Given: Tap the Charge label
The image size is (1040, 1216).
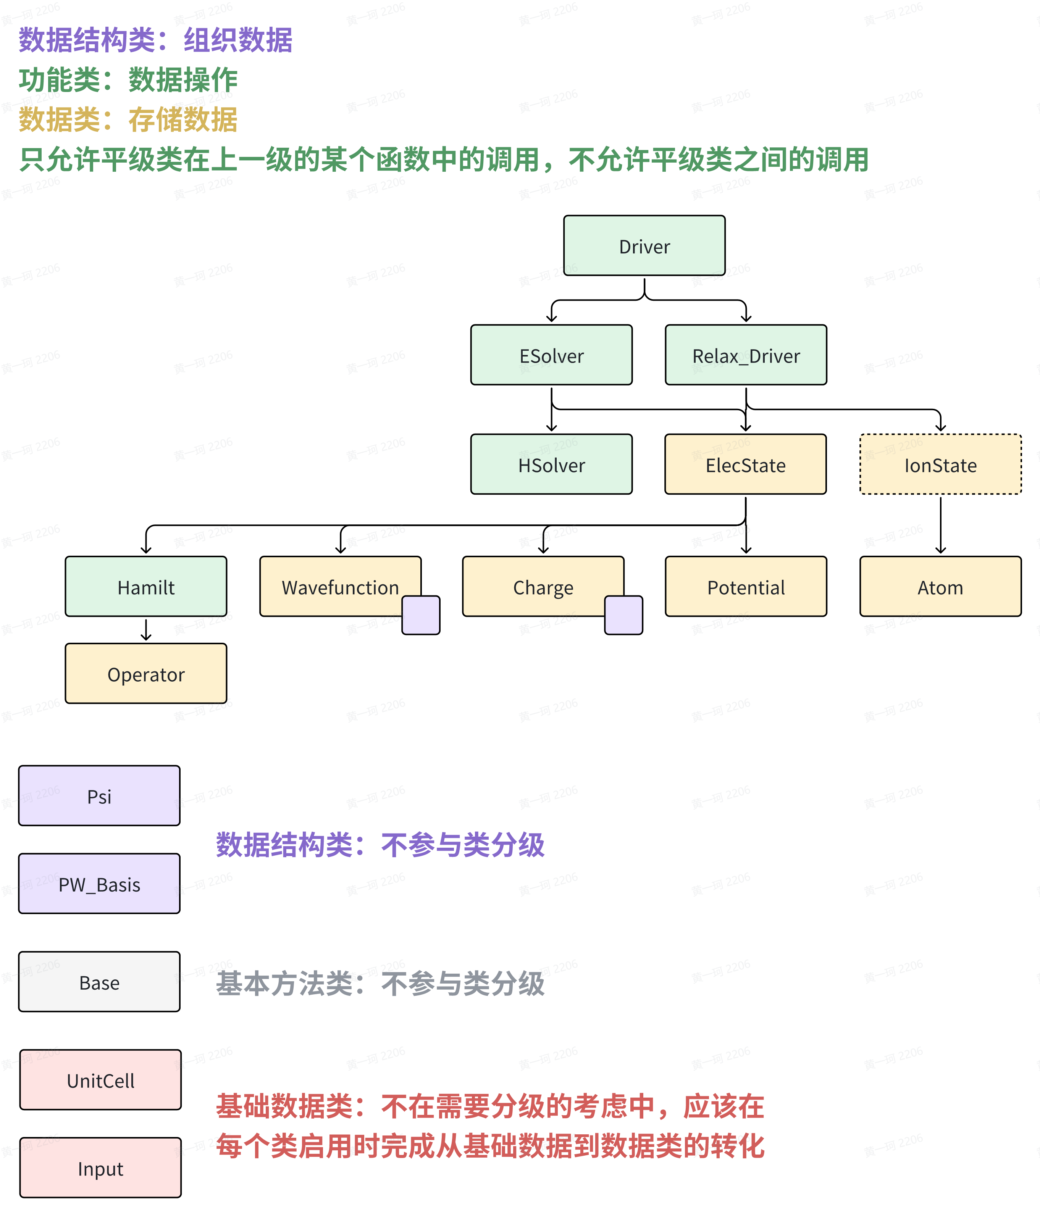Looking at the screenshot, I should tap(543, 587).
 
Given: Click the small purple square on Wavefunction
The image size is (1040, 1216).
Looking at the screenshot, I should tap(421, 615).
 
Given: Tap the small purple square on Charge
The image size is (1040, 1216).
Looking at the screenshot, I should tap(623, 615).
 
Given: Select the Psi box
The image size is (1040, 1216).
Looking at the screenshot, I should tap(99, 796).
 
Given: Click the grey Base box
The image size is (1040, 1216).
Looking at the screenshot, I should tap(99, 982).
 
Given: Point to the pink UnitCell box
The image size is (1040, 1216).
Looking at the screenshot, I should tap(100, 1080).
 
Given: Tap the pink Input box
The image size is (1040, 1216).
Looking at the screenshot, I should tap(100, 1168).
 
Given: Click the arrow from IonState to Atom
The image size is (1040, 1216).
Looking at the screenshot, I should tap(940, 525).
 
